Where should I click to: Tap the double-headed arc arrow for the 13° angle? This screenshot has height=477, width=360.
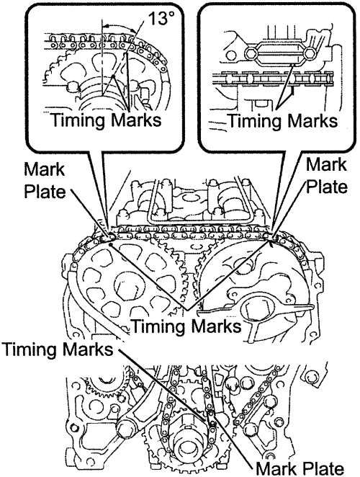tap(119, 25)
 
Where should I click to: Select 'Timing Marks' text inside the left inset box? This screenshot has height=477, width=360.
tap(106, 120)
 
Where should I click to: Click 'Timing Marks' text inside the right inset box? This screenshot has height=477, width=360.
tap(283, 121)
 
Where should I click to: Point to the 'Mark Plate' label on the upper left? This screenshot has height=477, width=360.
tap(45, 181)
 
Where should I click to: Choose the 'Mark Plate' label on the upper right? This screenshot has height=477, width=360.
tap(327, 176)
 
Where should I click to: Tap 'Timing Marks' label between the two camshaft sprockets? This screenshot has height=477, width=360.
tap(187, 326)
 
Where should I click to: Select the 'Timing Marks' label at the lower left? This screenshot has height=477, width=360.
tap(58, 349)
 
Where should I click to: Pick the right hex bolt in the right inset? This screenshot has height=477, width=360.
tap(310, 53)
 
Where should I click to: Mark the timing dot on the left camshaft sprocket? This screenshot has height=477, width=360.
tap(111, 244)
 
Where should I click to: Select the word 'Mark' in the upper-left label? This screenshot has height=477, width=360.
tap(45, 170)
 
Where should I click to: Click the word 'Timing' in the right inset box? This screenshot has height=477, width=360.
tap(254, 121)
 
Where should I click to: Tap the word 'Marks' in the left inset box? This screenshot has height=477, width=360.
tap(136, 120)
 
